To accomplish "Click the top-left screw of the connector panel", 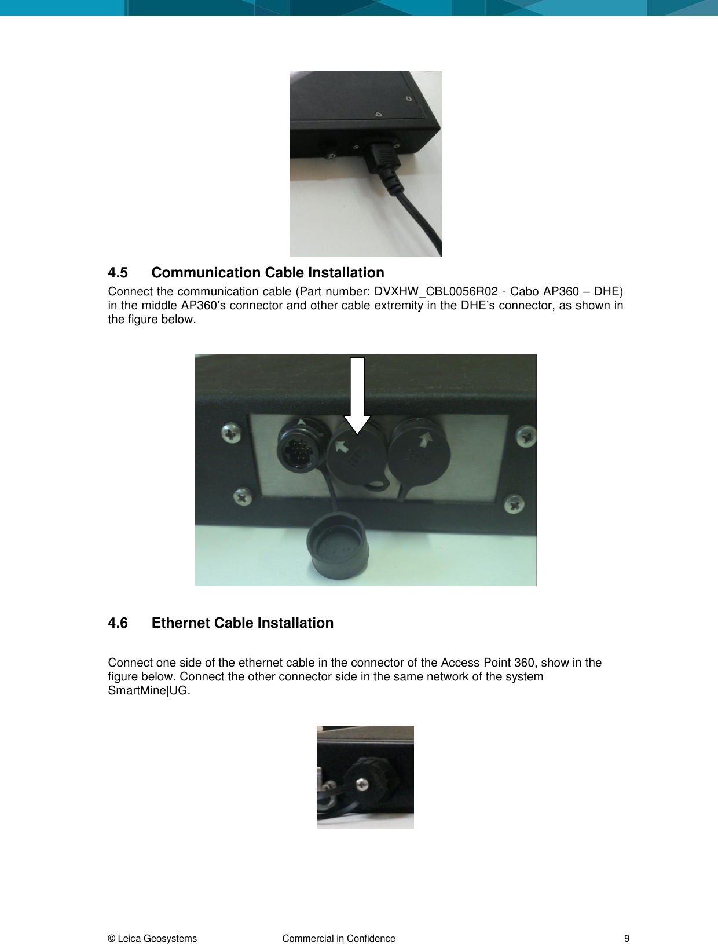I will click(x=231, y=433).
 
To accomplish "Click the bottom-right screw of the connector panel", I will click(x=514, y=504).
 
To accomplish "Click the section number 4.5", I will click(x=118, y=273).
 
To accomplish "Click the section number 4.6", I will click(x=118, y=623).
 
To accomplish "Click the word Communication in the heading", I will click(x=206, y=273).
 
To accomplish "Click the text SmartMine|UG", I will click(x=149, y=691).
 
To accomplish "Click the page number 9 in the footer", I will click(x=627, y=939).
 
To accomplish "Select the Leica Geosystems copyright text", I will click(x=152, y=939).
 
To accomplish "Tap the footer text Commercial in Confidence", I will click(x=339, y=939).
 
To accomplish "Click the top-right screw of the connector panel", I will click(x=526, y=436).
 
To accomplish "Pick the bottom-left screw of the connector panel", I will click(x=243, y=496).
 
